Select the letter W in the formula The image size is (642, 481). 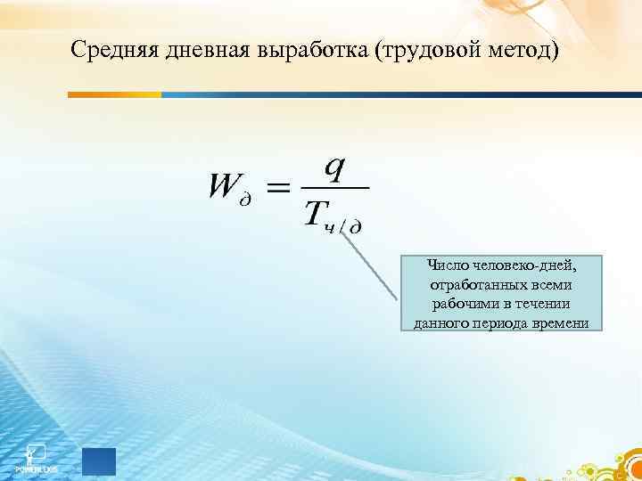pyautogui.click(x=225, y=186)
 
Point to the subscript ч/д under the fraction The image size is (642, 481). pyautogui.click(x=343, y=227)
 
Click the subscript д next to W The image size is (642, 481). pyautogui.click(x=246, y=199)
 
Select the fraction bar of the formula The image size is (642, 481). pyautogui.click(x=333, y=188)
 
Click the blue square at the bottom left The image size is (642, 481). pyautogui.click(x=99, y=461)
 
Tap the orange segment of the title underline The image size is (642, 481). pyautogui.click(x=116, y=94)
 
